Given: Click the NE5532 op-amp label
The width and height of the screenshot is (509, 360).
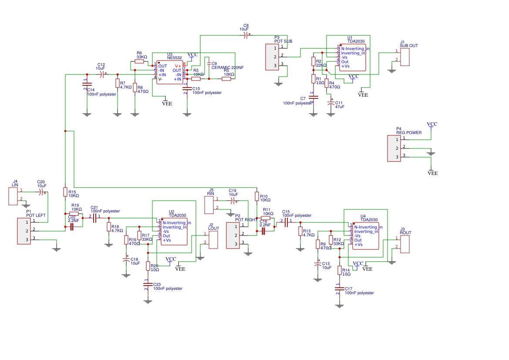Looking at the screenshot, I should point(174,58).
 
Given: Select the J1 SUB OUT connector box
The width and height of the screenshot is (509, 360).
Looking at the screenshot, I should point(405,57).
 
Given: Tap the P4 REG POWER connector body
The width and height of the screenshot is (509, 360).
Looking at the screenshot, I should point(394,148).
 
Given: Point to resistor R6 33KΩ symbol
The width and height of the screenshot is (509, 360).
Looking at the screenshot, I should point(139,61).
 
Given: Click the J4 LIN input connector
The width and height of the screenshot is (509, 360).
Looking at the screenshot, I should point(13,196).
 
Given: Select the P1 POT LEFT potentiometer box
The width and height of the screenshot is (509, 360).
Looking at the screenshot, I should point(24,231).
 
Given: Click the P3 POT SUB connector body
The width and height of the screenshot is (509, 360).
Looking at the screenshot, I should point(272,57).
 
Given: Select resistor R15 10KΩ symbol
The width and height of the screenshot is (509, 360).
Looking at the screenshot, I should point(65,192).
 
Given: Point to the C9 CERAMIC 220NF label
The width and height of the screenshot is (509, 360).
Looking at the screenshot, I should point(227,67).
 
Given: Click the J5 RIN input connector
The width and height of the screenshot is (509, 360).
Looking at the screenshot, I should point(209,205).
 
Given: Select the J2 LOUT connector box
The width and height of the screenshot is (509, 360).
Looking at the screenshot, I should point(213,239).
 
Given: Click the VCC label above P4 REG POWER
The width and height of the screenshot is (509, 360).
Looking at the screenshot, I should point(432,124).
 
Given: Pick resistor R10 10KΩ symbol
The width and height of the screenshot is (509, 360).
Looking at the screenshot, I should point(257,196).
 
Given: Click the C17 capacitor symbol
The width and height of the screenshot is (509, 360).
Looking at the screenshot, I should point(339,289).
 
